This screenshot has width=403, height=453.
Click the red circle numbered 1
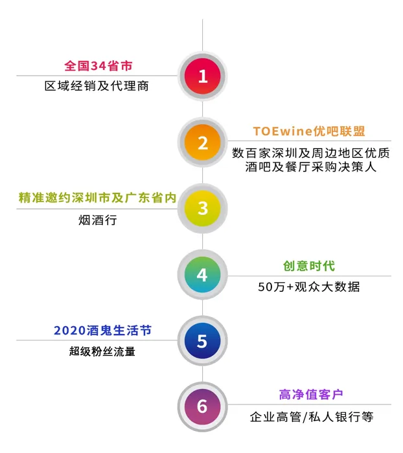(203, 77)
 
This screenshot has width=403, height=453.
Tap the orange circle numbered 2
(203, 142)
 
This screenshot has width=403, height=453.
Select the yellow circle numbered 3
(203, 208)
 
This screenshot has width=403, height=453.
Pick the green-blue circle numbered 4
(203, 275)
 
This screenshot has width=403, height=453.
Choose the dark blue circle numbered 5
(203, 341)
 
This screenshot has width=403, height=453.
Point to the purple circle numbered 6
(203, 406)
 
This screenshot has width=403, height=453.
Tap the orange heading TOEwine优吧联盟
(309, 131)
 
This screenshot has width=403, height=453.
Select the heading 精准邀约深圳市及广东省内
(97, 198)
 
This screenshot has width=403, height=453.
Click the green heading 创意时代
(309, 265)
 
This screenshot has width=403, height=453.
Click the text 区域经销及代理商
(97, 85)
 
